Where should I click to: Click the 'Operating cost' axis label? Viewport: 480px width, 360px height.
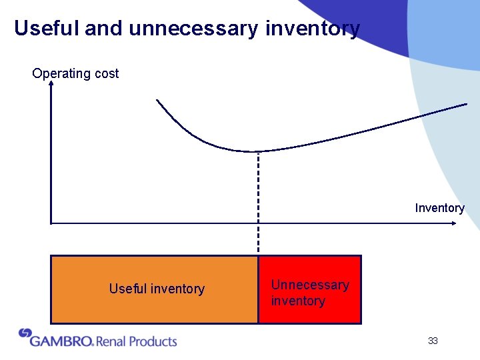pyautogui.click(x=75, y=73)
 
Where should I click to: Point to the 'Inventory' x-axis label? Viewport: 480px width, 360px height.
pyautogui.click(x=439, y=208)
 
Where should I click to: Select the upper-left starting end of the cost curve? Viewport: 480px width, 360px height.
pyautogui.click(x=157, y=101)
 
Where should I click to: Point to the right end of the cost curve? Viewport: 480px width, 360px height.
pyautogui.click(x=466, y=104)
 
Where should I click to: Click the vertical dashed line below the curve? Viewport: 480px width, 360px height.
pyautogui.click(x=258, y=200)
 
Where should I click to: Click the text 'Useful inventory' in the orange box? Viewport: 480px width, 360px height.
pyautogui.click(x=157, y=289)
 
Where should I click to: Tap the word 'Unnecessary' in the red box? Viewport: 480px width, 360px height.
pyautogui.click(x=310, y=285)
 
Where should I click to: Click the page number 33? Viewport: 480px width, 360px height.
pyautogui.click(x=433, y=341)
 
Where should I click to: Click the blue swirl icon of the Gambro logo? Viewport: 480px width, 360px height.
pyautogui.click(x=25, y=333)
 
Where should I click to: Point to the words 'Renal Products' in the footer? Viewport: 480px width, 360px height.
pyautogui.click(x=137, y=341)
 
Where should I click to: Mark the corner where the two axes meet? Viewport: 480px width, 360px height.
pyautogui.click(x=51, y=223)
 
